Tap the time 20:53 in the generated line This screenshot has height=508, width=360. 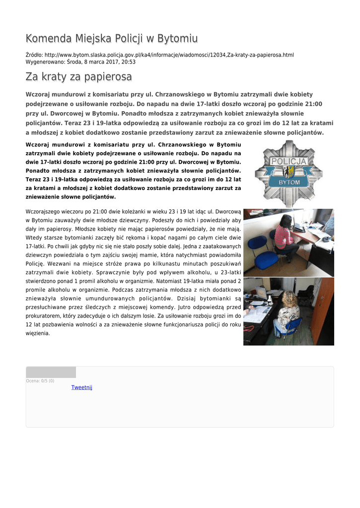pos(129,62)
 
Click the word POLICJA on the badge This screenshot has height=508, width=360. pos(288,162)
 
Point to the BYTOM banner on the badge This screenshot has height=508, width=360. pos(288,182)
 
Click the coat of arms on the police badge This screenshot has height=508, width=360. pos(288,172)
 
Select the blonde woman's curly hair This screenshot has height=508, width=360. pos(289,299)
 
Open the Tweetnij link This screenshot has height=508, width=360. pos(82,387)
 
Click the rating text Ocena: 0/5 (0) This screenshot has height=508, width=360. pos(40,381)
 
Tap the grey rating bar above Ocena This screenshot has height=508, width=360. pos(51,372)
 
